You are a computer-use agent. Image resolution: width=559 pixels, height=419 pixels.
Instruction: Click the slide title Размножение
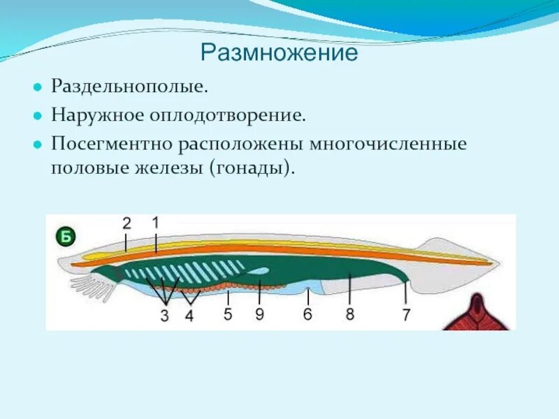279,53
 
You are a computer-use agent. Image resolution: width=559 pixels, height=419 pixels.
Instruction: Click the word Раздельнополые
129,87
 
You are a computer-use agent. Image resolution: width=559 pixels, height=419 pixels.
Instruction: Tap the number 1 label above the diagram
155,223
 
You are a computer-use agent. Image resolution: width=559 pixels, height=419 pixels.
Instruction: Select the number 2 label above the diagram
126,223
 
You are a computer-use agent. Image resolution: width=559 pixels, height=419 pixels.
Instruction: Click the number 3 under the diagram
164,316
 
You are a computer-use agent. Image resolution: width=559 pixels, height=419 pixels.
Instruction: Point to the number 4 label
189,316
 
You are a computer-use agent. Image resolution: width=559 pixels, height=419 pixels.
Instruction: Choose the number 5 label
228,314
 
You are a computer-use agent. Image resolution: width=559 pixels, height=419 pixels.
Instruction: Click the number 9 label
259,314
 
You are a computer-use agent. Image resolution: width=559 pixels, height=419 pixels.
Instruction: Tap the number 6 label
307,314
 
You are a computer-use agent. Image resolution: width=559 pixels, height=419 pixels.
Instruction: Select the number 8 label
349,314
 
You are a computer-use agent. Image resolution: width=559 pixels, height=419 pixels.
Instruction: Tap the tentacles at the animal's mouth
87,284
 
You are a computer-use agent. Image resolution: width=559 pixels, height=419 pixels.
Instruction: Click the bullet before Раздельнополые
38,89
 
